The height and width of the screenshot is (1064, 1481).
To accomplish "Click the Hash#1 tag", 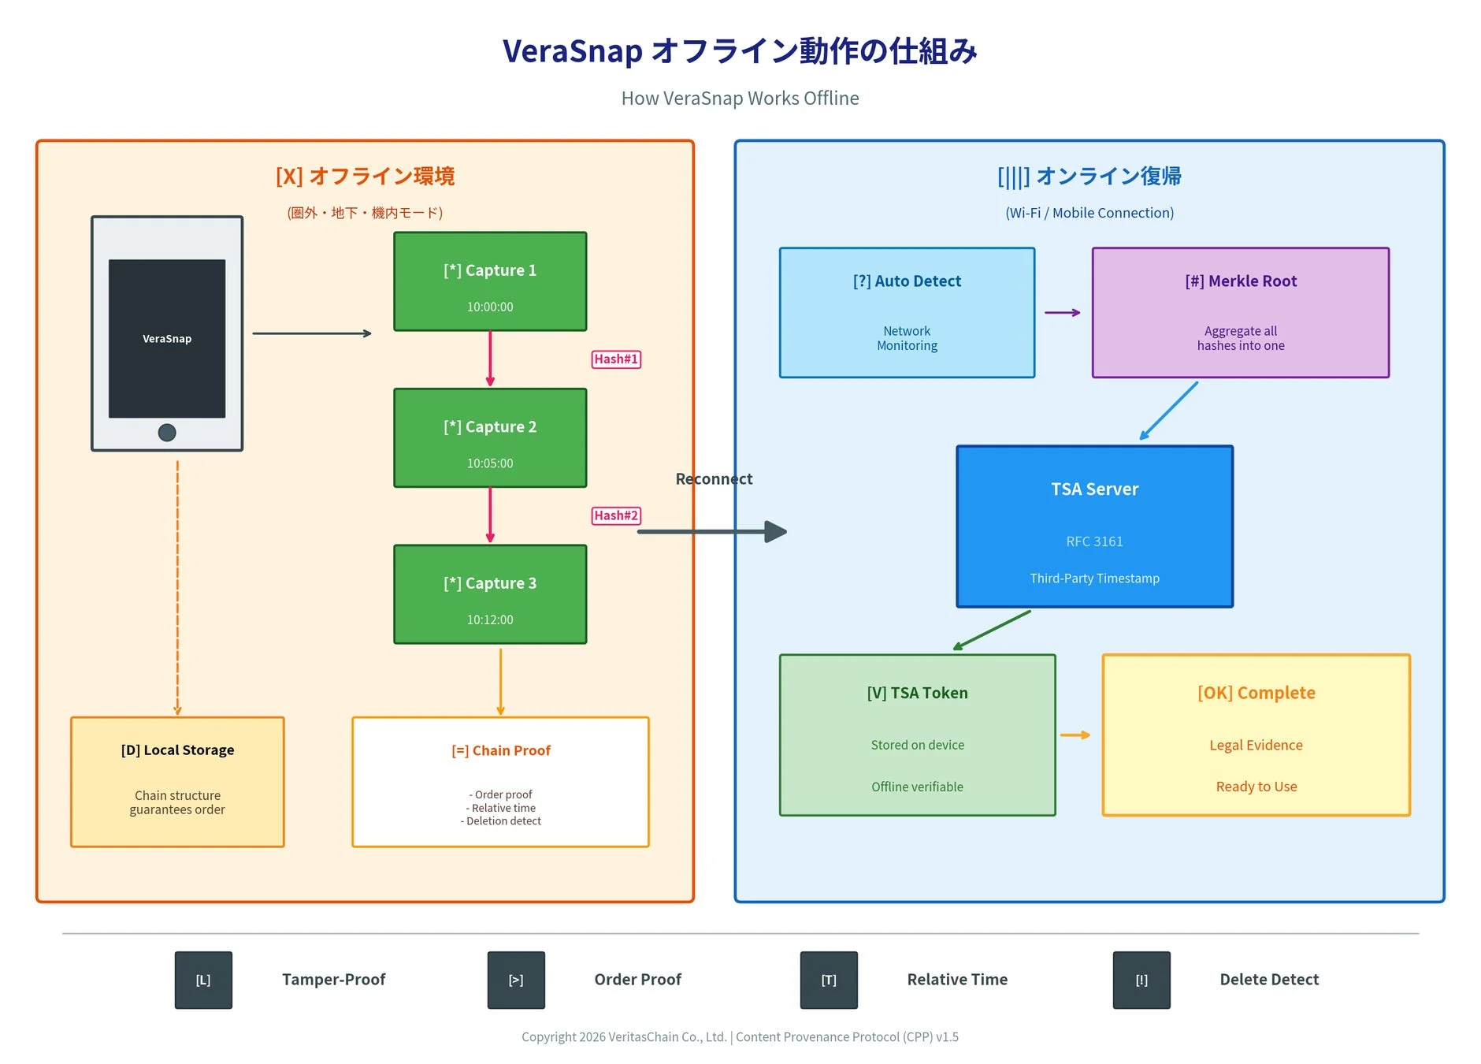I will pos(616,359).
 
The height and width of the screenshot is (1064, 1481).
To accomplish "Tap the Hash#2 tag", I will pos(616,515).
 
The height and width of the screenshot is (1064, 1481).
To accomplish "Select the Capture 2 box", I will pos(490,438).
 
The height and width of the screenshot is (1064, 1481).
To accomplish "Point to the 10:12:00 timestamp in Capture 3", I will pos(490,619).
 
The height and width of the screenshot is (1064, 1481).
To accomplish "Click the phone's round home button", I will pos(167,432).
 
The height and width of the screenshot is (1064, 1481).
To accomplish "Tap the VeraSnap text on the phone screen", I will pos(167,339).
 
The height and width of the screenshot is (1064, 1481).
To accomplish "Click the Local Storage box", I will pos(177,782).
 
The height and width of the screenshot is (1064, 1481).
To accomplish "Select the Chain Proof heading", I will pos(501,750).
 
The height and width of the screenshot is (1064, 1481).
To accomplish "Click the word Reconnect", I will pos(714,479).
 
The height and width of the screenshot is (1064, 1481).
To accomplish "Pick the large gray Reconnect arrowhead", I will pos(775,532).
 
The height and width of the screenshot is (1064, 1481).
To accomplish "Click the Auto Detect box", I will pos(907,313).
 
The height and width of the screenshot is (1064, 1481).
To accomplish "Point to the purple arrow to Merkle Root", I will pos(1063,313).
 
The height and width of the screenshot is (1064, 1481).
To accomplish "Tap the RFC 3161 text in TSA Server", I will pos(1094,541).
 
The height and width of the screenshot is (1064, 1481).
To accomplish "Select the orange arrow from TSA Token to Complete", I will pos(1075,735).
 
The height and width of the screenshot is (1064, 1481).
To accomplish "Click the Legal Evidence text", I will pos(1256,745).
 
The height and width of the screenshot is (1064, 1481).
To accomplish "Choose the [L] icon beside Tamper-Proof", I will pos(203,980).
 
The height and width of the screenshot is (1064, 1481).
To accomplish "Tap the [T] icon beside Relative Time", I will pos(829,980).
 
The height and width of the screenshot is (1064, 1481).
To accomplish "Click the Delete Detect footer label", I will pos(1269,980).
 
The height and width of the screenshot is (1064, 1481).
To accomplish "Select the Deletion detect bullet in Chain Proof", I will pos(502,821).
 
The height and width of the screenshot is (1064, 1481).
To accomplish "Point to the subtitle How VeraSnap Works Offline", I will pos(740,99).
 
